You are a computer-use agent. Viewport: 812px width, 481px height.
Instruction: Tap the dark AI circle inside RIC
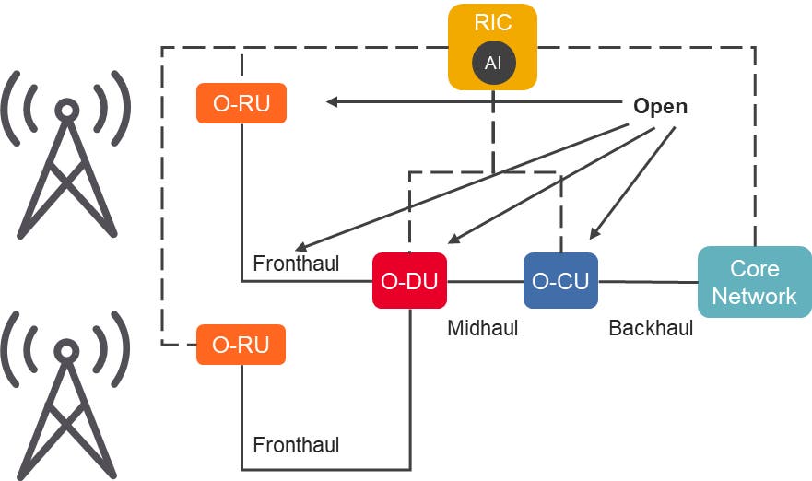492,63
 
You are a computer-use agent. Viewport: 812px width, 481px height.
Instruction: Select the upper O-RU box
241,103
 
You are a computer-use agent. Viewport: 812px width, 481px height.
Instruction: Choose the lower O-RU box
241,345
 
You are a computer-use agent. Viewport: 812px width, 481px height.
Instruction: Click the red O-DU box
409,281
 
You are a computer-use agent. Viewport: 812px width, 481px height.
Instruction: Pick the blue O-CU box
559,281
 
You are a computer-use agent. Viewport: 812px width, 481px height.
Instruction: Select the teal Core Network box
754,282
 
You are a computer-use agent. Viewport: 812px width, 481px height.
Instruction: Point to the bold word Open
660,106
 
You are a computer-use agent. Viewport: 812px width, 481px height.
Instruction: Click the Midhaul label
482,328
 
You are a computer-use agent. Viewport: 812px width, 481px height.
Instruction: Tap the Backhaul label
651,328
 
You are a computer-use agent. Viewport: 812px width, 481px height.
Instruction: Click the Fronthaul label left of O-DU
296,264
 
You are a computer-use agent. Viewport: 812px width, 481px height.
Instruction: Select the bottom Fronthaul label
296,446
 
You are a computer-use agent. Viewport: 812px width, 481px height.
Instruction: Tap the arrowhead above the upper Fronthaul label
300,247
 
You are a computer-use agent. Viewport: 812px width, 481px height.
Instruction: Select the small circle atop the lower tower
66,351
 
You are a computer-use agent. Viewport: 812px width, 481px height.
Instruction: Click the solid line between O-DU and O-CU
485,282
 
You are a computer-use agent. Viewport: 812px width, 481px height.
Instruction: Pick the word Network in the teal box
754,296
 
